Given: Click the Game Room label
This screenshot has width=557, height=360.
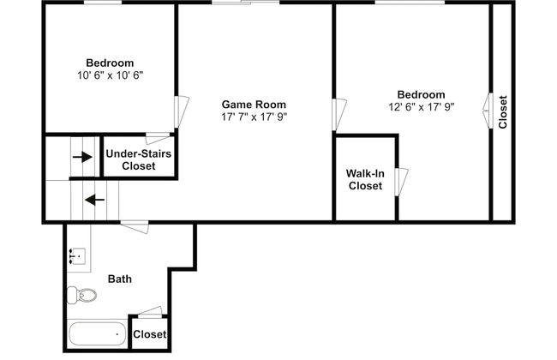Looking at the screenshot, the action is click(x=254, y=105).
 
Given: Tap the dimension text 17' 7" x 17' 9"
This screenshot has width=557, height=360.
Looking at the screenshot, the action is click(x=254, y=117).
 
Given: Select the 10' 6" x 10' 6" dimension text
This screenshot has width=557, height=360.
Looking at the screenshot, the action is click(x=111, y=75).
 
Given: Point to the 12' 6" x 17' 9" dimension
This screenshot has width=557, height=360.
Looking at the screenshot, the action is click(x=422, y=107).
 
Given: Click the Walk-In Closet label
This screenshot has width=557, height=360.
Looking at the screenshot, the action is click(x=365, y=179).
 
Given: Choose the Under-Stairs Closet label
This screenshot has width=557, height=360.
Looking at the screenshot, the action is click(x=139, y=159).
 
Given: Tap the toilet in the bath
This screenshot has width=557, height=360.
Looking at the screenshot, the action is click(x=82, y=295).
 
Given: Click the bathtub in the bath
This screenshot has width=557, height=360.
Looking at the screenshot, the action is click(x=98, y=333).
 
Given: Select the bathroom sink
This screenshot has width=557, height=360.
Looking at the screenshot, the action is click(x=77, y=256).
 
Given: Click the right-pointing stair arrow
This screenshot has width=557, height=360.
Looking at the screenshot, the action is click(x=82, y=157).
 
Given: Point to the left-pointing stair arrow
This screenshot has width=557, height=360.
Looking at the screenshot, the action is click(x=95, y=200).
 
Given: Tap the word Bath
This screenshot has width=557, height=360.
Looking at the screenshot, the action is click(x=120, y=279).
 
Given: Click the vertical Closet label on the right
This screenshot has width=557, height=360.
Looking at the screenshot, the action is click(x=503, y=112).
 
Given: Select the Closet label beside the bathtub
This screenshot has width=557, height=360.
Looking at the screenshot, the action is click(x=150, y=334).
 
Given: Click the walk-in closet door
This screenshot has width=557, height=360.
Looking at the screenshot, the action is click(x=401, y=182).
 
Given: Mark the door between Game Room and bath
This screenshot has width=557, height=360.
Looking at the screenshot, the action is click(x=135, y=226).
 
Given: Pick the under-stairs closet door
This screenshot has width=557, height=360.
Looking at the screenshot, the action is click(x=158, y=138).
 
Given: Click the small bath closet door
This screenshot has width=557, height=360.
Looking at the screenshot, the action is click(x=150, y=311).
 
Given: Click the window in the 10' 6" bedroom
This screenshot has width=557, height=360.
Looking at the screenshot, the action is click(x=103, y=3).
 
